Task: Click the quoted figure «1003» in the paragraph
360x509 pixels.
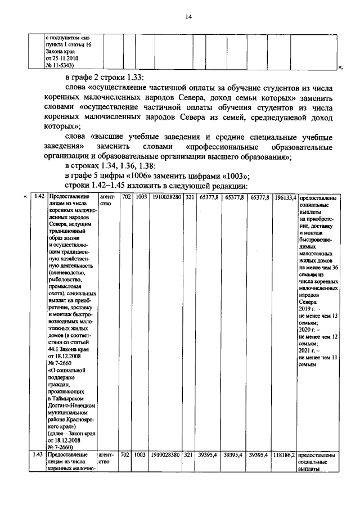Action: click(235, 175)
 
